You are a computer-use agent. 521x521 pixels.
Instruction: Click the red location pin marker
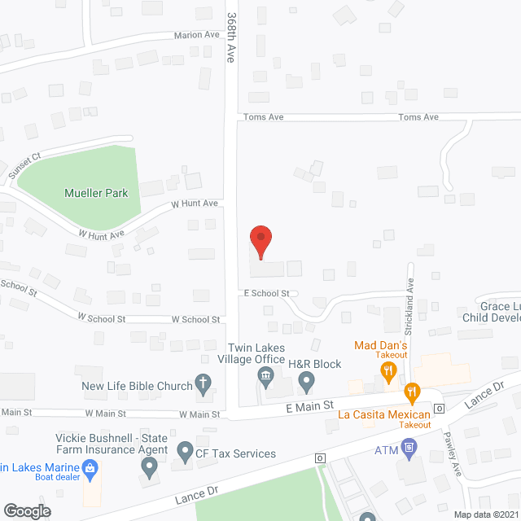click(260, 242)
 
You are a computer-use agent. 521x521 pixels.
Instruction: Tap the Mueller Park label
click(96, 194)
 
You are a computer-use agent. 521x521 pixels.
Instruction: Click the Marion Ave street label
click(197, 36)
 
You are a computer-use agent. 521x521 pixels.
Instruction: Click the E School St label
click(266, 293)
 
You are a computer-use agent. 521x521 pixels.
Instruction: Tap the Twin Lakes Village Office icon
click(265, 376)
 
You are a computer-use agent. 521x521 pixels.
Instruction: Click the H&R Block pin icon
click(306, 379)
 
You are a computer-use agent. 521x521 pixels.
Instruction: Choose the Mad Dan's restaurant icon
click(388, 372)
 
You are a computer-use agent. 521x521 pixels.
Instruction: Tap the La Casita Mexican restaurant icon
click(413, 395)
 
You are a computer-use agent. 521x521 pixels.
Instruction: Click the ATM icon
click(409, 446)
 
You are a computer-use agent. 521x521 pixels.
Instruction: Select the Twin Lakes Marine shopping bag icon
click(91, 467)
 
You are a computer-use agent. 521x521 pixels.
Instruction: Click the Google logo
click(27, 510)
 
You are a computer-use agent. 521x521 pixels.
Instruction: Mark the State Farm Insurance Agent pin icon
click(149, 467)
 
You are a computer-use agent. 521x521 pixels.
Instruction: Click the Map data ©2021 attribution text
click(484, 514)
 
